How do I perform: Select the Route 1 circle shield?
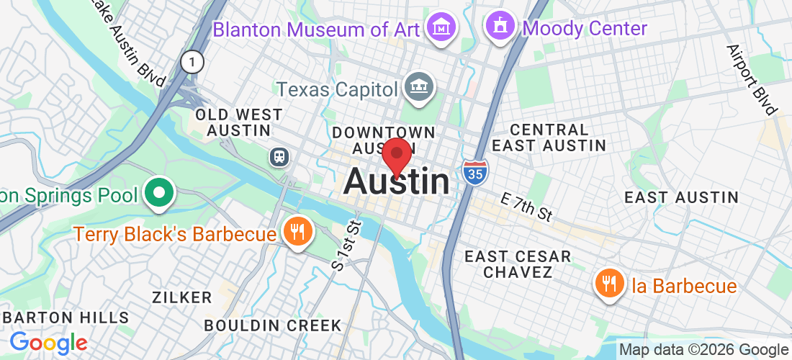192,62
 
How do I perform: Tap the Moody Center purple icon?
500,27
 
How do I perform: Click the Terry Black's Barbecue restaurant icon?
296,232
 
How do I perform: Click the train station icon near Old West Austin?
279,156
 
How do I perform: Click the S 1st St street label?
346,245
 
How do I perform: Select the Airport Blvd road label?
752,80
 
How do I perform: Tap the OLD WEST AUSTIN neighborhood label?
239,122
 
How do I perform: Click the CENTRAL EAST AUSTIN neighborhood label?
549,138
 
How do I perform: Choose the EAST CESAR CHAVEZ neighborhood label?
517,264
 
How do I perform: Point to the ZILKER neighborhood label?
181,297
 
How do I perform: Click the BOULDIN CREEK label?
272,325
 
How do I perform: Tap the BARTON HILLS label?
66,318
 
